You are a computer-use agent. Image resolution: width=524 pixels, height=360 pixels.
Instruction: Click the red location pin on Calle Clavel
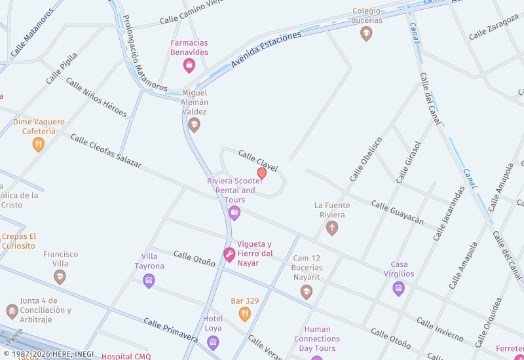coord(262,173)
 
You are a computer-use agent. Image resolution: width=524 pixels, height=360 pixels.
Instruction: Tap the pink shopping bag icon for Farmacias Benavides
coord(189,65)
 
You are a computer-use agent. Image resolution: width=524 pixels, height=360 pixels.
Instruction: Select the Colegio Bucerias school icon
coord(366,33)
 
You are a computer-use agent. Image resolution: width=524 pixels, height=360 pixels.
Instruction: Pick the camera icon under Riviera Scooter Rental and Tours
coord(234,213)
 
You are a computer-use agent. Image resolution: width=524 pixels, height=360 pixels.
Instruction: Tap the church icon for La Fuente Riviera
coord(332,228)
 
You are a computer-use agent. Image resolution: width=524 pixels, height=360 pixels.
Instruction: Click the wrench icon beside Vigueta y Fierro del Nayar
coord(229,255)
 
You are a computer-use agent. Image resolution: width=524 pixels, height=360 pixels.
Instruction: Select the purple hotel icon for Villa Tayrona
coord(149,281)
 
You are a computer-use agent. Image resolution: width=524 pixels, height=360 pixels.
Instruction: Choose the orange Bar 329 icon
coord(244,314)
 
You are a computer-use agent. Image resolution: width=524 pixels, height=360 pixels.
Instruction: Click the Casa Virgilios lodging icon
coord(398,288)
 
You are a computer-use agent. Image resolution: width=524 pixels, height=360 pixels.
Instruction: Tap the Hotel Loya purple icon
coord(212,342)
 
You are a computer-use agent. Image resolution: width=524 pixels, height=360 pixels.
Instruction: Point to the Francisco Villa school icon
coord(60,277)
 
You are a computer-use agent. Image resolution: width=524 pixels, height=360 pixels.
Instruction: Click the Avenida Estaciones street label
coord(265,50)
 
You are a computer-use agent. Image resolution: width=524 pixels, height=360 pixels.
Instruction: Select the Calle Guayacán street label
coord(397,213)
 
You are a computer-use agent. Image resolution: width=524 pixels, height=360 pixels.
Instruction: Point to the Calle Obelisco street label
coord(366,159)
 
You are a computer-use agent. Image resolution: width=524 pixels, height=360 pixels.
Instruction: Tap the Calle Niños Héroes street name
coord(96,97)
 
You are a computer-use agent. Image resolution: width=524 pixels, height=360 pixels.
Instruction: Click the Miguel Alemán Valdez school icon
coord(194,124)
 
